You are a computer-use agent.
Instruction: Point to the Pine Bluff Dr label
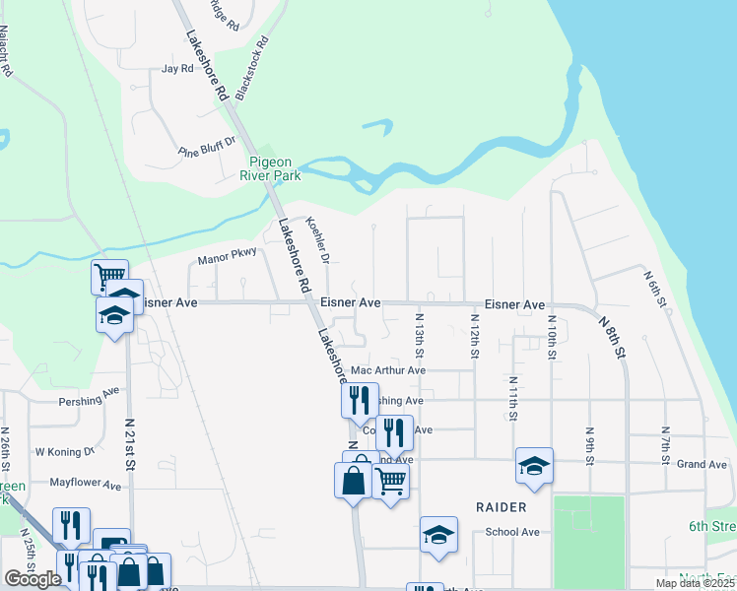208,148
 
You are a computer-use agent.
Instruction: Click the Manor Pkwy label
227,256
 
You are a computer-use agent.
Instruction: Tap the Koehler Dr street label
316,240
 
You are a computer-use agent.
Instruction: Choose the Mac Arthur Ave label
388,371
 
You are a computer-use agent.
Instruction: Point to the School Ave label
512,532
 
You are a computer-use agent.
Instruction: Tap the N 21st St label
130,438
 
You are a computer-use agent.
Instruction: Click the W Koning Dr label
65,451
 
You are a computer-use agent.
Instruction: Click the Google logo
33,578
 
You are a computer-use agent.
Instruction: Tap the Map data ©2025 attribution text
695,583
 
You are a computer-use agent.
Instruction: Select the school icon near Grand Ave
534,465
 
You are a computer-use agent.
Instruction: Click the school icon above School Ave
438,534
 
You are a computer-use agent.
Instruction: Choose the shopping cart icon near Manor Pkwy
109,276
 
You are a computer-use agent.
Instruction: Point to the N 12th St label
474,336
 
